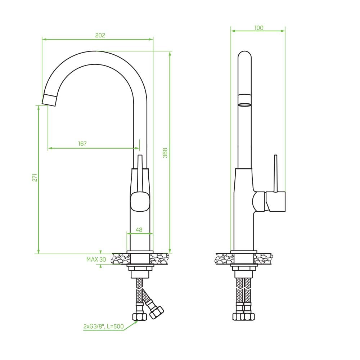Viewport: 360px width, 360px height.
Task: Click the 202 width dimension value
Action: [x=100, y=35]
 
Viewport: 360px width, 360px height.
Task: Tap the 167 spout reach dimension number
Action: [x=82, y=144]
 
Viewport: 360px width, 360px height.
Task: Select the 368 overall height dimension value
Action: [x=165, y=153]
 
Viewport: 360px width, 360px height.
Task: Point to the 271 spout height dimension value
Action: [x=35, y=178]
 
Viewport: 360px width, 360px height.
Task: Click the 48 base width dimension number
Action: [x=139, y=230]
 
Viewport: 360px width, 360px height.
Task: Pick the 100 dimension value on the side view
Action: [x=259, y=28]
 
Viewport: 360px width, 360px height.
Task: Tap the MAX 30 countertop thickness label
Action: [x=96, y=260]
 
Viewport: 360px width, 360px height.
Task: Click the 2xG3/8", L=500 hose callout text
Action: [x=104, y=326]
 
